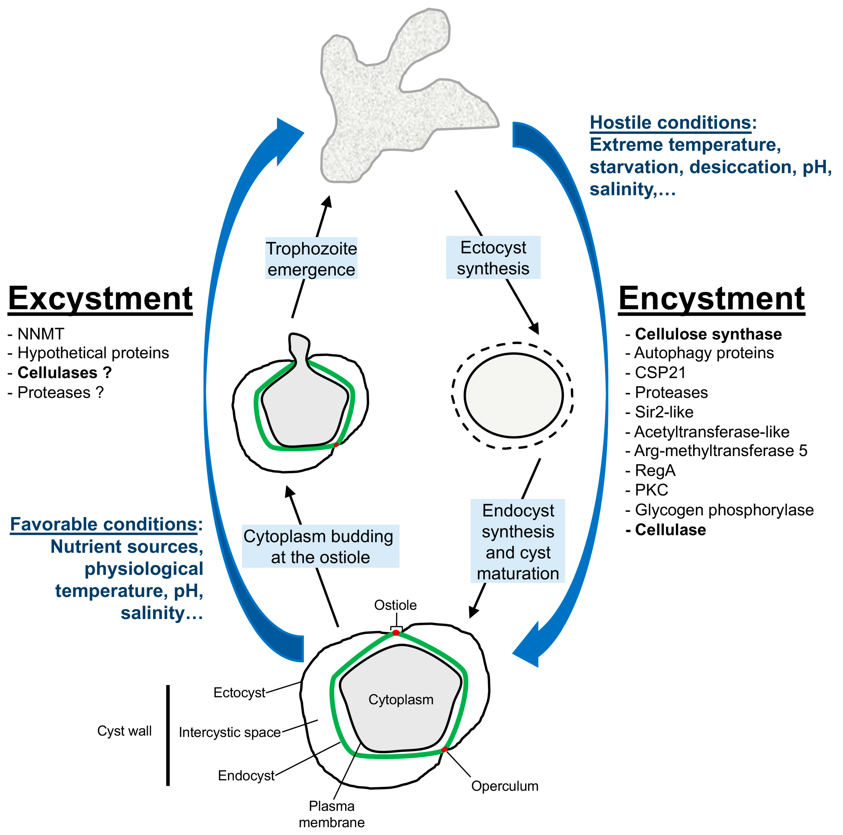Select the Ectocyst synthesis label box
493,258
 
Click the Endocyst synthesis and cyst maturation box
518,541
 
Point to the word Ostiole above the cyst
395,605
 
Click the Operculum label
504,786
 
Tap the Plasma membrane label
332,814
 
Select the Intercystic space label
230,732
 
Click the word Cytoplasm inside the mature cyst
401,700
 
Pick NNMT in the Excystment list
40,334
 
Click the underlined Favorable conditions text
103,524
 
